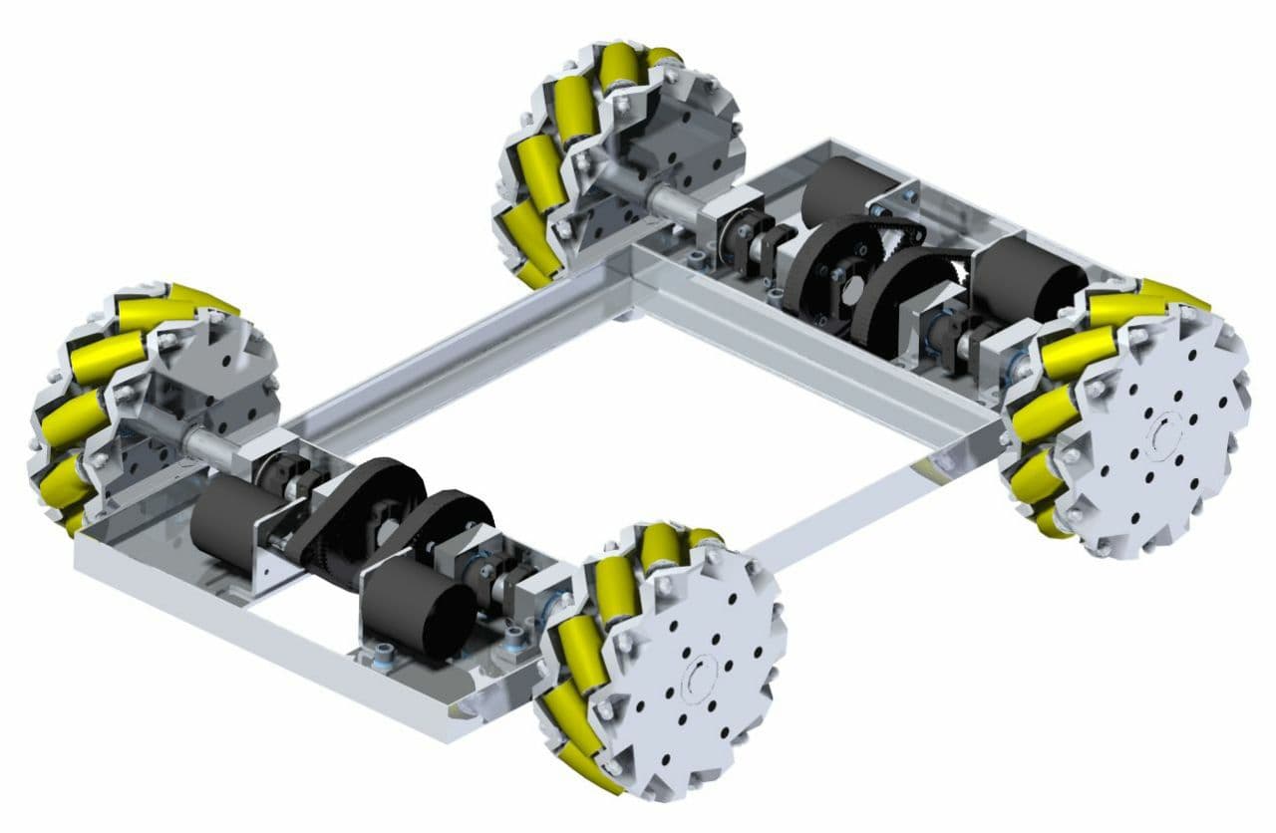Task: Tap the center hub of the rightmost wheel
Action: click(x=1162, y=434)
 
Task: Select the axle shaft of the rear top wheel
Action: click(x=669, y=200)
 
